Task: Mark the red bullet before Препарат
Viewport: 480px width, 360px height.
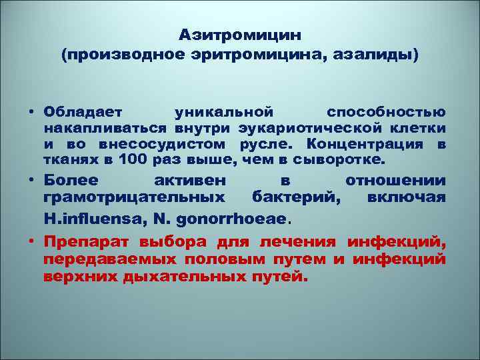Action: [31, 241]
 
